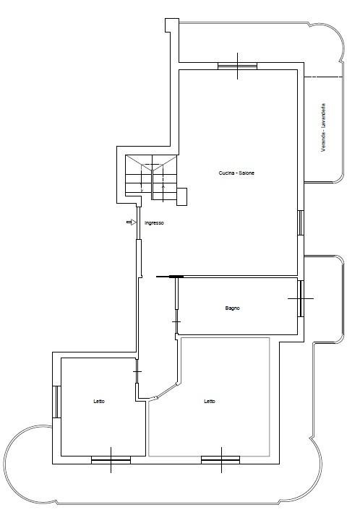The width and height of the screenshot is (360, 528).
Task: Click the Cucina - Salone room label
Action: [x=236, y=173]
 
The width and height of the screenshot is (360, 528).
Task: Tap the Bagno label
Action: [x=232, y=308]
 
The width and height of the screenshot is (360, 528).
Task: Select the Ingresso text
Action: [x=154, y=223]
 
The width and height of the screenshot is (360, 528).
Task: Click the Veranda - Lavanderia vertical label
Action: [x=323, y=128]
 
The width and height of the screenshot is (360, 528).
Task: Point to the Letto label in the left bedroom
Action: [x=99, y=402]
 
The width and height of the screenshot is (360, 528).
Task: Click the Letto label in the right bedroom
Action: [x=210, y=402]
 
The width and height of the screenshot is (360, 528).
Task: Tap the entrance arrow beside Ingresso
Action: [x=131, y=222]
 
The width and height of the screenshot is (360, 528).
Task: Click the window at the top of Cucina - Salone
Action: [x=237, y=66]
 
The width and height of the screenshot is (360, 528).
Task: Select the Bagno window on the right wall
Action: [x=301, y=299]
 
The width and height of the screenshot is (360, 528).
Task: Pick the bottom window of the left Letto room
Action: [x=111, y=459]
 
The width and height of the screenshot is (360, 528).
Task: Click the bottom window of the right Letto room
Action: [x=220, y=459]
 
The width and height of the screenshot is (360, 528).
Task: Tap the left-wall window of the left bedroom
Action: [x=56, y=402]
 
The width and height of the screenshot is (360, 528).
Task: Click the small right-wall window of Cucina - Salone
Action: [x=301, y=222]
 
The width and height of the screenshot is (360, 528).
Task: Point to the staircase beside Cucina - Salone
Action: [x=151, y=178]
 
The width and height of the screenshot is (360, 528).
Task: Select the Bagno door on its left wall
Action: [x=176, y=306]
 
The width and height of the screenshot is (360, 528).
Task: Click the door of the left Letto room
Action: [x=137, y=371]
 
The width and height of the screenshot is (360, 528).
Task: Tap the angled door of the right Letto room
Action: [x=165, y=391]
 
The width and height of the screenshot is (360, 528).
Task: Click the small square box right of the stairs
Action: [x=182, y=196]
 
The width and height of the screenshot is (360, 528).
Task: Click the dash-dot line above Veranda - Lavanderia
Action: [x=324, y=77]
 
